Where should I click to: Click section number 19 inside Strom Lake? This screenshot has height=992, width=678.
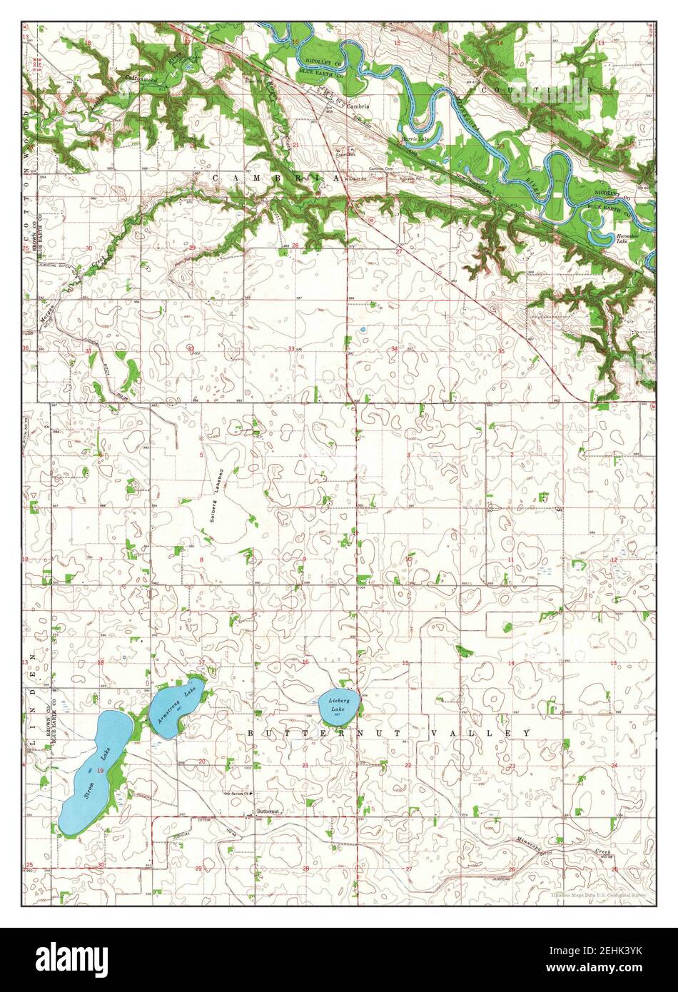click(101, 770)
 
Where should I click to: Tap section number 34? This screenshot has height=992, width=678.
click(395, 348)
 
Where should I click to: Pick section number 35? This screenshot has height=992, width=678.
click(501, 351)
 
